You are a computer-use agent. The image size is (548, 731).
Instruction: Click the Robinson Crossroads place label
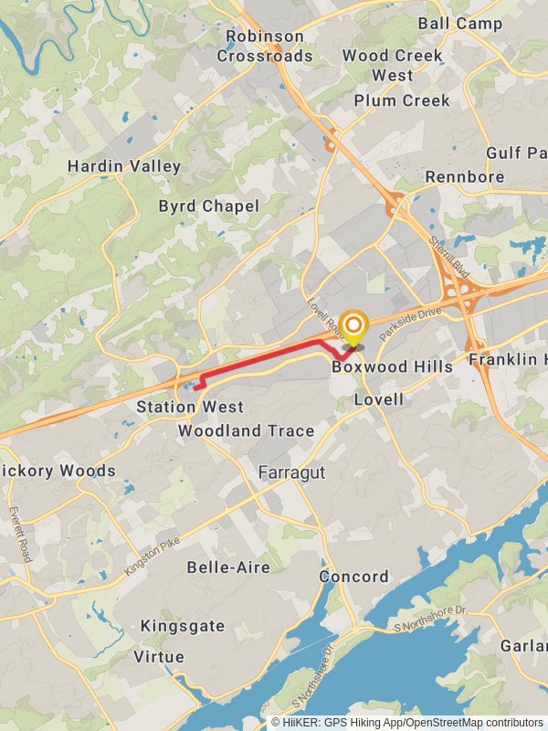point(265,46)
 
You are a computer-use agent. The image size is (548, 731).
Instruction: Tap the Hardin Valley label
point(124,166)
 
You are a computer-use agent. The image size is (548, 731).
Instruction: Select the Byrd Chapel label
point(209,207)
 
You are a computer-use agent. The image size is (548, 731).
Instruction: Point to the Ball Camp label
point(460,24)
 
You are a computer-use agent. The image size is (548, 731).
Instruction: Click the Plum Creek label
point(402,101)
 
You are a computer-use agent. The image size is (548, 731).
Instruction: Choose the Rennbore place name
point(466,176)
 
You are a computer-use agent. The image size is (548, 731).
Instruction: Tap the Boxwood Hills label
point(392,366)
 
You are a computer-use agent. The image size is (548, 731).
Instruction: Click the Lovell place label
point(378,400)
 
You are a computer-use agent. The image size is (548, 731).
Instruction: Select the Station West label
point(190,407)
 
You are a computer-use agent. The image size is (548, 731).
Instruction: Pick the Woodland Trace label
point(246,430)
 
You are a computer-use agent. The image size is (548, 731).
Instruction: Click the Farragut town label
point(291,472)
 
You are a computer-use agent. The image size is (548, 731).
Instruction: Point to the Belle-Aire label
point(228,567)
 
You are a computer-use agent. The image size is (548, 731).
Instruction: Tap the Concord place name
point(353,577)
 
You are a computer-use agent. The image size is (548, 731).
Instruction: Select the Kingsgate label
point(182,626)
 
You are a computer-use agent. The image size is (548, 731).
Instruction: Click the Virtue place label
point(159,656)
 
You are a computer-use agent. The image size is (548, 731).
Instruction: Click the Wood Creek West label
point(393,65)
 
